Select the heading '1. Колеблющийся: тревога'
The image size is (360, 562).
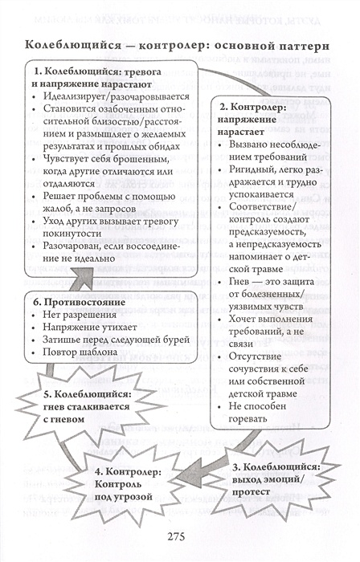click(x=92, y=73)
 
